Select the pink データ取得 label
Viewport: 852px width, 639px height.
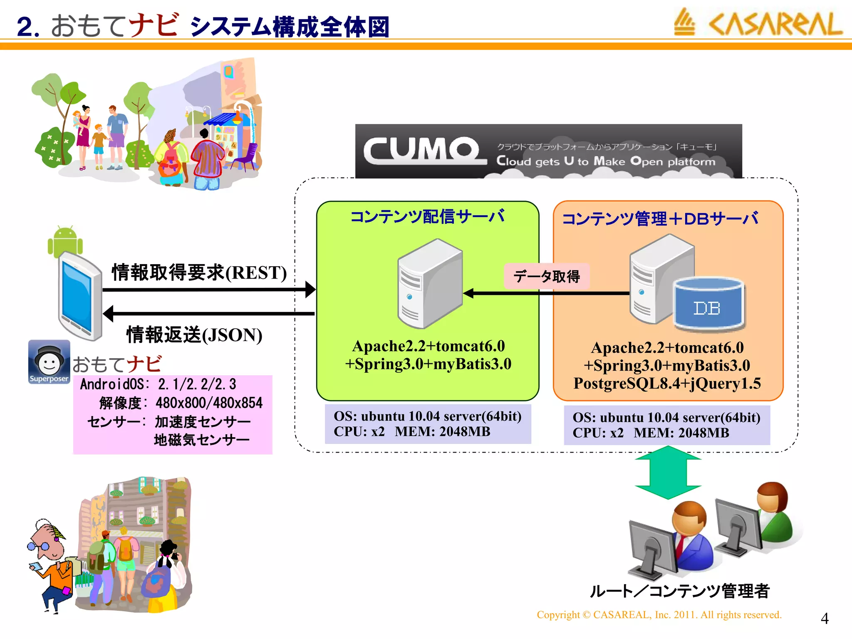pos(546,276)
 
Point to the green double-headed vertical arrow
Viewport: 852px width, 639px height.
pos(668,472)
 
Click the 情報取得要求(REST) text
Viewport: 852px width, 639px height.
pos(199,272)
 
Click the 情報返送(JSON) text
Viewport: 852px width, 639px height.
pos(194,335)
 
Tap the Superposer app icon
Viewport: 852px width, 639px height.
pos(49,362)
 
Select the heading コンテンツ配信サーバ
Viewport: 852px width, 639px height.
pos(427,217)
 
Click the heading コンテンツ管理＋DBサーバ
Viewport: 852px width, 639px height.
pos(660,219)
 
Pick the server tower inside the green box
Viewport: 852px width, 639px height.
pos(429,284)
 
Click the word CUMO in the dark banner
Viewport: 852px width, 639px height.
pos(422,151)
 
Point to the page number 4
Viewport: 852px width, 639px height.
pos(825,619)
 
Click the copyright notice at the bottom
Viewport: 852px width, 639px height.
pos(659,615)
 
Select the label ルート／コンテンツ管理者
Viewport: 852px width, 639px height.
pos(680,591)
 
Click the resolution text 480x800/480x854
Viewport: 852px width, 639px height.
pos(209,403)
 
